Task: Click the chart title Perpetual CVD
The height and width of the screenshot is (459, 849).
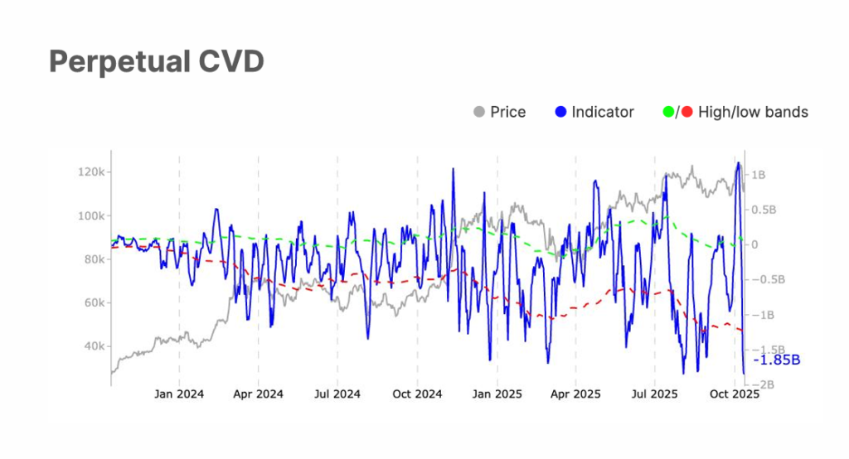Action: coord(156,61)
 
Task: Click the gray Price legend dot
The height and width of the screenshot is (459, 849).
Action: coord(478,112)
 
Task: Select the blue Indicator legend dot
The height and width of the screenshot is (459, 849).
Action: coord(560,112)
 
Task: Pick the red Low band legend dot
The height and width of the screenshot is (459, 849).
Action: coord(686,112)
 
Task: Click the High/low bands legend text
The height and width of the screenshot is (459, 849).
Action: coord(753,112)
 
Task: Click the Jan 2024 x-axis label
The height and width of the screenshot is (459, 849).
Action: coord(179,394)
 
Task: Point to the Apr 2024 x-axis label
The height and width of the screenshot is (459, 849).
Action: coord(258,394)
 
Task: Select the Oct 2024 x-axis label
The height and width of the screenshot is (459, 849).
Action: coord(417,394)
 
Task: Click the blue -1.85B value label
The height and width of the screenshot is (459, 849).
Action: coord(776,360)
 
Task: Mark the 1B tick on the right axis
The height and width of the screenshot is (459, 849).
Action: coord(758,175)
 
